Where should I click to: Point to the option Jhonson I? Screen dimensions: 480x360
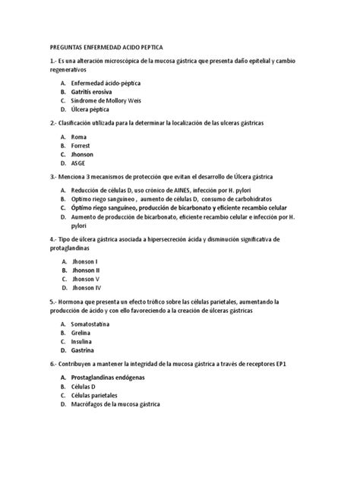click(86, 261)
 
